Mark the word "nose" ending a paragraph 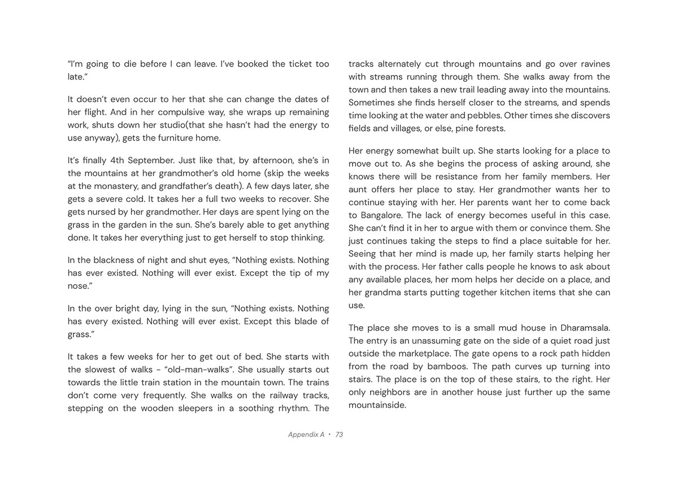(77, 286)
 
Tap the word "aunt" (358, 190)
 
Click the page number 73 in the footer (339, 434)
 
